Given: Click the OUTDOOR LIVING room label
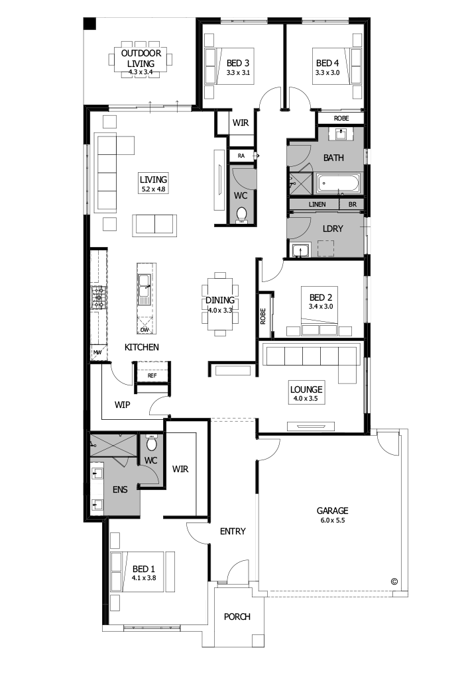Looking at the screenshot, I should click(x=140, y=58).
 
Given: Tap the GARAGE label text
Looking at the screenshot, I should click(x=332, y=511).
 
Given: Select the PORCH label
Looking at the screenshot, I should click(x=237, y=617).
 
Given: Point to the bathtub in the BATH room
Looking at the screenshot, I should click(x=338, y=183).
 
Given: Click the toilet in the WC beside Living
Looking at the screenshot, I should click(x=242, y=214).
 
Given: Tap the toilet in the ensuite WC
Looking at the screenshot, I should click(x=152, y=444).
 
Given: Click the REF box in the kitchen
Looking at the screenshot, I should click(x=152, y=375).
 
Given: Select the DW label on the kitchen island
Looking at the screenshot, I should click(x=145, y=329).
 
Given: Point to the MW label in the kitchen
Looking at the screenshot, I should click(x=97, y=352).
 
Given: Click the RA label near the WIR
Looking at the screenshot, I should click(x=241, y=156).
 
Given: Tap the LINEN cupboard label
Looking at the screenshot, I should click(x=317, y=205).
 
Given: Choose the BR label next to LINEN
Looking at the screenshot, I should click(x=352, y=205).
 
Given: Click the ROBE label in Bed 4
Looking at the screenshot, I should click(x=341, y=119).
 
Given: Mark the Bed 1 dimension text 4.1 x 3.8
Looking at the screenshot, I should click(x=143, y=578).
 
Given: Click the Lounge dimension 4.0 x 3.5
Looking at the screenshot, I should click(x=306, y=399).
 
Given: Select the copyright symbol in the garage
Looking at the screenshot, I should click(x=394, y=581).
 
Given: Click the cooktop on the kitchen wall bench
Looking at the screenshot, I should click(x=99, y=298).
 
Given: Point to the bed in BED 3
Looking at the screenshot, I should click(x=218, y=66).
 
